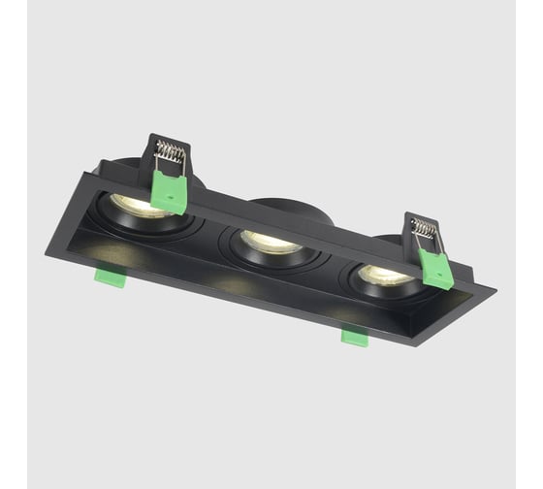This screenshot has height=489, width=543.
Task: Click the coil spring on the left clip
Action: pos(170,153)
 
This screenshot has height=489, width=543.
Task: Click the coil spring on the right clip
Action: pos(424,230)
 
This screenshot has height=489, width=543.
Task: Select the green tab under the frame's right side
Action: pos(354,337)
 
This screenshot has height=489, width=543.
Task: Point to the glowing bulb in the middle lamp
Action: pos(269,242)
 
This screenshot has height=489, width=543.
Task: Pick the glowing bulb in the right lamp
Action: pos(386,275)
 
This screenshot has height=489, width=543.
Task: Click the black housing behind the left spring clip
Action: pos(195,175)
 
